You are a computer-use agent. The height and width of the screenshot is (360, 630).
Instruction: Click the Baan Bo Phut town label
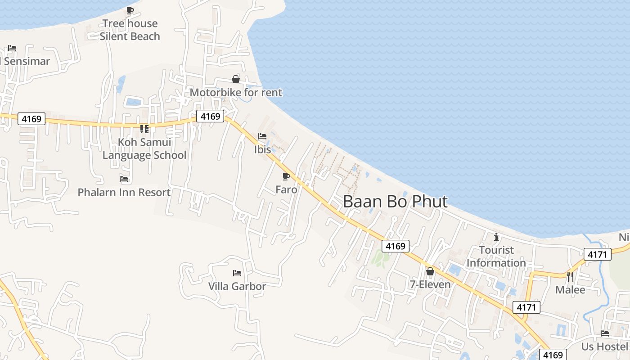click(395, 202)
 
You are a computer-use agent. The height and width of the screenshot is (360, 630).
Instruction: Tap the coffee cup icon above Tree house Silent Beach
click(130, 10)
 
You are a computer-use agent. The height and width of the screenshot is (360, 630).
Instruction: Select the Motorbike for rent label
click(236, 93)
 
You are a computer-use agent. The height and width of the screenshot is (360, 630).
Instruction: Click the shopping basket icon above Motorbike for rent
click(235, 79)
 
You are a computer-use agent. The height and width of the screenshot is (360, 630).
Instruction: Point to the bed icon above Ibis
click(262, 136)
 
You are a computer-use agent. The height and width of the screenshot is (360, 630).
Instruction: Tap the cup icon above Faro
click(286, 176)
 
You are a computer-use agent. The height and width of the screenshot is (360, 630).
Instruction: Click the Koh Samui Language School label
click(144, 149)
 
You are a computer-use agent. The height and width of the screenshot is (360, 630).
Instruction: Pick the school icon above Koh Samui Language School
click(144, 129)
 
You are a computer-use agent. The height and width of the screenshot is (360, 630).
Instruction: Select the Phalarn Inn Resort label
click(124, 193)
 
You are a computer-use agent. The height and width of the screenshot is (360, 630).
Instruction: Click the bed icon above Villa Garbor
click(237, 273)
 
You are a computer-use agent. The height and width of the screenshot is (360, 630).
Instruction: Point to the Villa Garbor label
click(237, 286)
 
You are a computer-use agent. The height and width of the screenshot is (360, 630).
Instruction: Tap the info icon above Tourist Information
click(496, 237)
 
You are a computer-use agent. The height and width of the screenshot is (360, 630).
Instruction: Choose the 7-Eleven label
click(430, 284)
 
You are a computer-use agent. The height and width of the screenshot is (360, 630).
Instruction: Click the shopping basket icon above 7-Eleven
click(430, 271)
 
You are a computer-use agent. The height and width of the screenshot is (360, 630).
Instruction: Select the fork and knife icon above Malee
click(570, 276)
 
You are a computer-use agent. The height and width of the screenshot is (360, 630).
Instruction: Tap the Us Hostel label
click(604, 346)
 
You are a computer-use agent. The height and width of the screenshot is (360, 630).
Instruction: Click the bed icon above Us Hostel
click(605, 333)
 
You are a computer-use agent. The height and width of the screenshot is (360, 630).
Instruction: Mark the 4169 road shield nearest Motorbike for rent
click(210, 117)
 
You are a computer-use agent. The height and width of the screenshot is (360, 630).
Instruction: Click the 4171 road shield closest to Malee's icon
click(598, 254)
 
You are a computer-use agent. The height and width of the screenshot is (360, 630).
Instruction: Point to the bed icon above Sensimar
click(12, 48)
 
